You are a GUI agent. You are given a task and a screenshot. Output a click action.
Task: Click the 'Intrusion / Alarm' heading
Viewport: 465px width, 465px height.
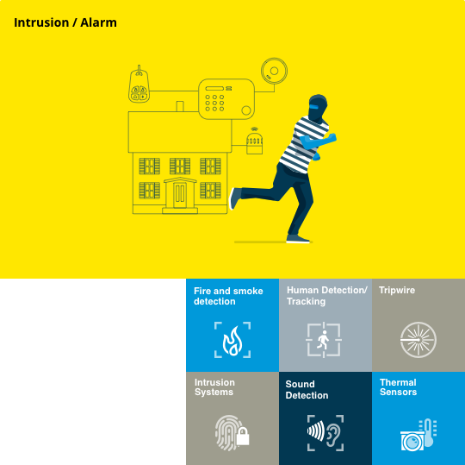pyautogui.click(x=65, y=23)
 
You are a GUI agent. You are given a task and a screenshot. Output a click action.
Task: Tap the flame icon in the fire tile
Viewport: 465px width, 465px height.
pyautogui.click(x=232, y=341)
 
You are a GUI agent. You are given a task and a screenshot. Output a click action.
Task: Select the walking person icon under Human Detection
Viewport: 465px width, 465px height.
pyautogui.click(x=323, y=340)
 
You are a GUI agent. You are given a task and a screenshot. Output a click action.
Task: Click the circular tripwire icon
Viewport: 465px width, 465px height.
pyautogui.click(x=418, y=340)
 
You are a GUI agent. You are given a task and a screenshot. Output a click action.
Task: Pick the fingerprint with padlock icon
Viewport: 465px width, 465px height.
pyautogui.click(x=232, y=433)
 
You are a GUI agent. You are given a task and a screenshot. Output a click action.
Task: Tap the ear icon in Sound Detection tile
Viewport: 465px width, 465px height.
pyautogui.click(x=333, y=433)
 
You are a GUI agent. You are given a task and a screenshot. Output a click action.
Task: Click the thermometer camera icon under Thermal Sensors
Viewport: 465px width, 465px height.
pyautogui.click(x=418, y=435)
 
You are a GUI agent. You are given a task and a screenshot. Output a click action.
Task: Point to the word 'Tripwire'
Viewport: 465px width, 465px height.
pyautogui.click(x=397, y=290)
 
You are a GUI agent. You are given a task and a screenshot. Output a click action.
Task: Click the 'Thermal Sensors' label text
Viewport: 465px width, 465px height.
pyautogui.click(x=398, y=386)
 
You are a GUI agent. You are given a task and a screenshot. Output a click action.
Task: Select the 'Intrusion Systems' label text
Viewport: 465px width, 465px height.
pyautogui.click(x=214, y=386)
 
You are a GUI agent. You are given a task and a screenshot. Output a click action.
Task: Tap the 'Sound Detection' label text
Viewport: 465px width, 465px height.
pyautogui.click(x=307, y=390)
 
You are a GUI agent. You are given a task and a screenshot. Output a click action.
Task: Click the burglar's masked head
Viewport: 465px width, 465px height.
pyautogui.click(x=317, y=108)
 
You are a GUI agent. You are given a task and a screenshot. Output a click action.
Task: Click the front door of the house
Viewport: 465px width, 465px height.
pyautogui.click(x=180, y=193)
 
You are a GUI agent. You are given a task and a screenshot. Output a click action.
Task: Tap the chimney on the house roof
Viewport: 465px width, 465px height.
pyautogui.click(x=180, y=106)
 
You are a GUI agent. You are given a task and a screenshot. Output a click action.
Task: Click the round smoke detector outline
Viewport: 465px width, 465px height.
pyautogui.click(x=274, y=71)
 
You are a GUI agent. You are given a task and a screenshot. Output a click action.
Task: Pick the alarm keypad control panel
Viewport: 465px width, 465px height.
pyautogui.click(x=226, y=99)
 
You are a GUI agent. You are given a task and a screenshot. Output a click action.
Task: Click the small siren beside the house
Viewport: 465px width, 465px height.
pyautogui.click(x=254, y=142)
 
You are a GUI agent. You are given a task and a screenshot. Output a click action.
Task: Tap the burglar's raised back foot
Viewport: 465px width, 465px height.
pyautogui.click(x=234, y=198)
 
